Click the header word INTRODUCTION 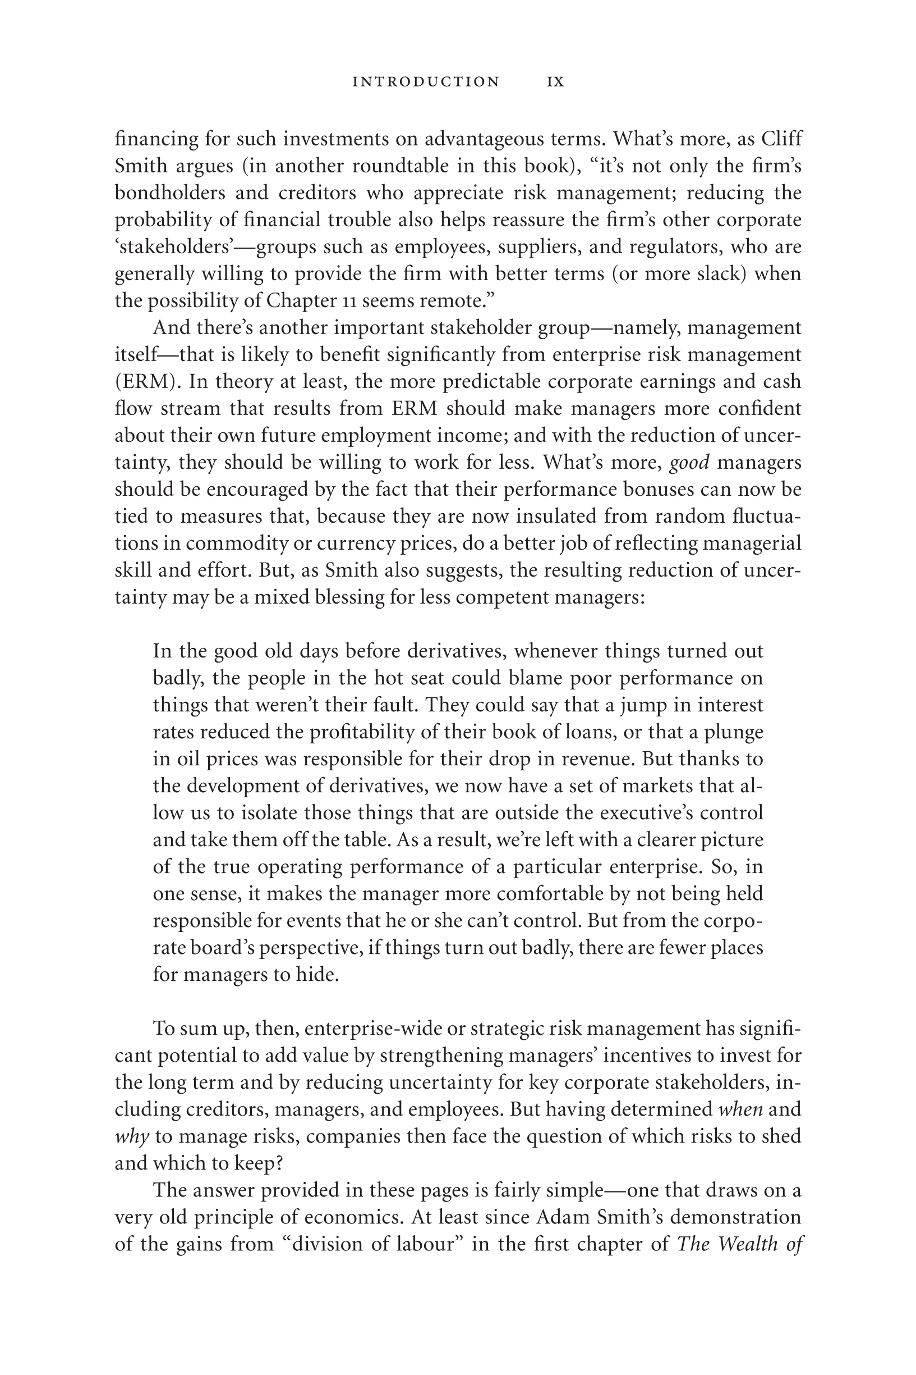click(426, 82)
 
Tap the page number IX click(555, 82)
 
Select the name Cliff click(781, 139)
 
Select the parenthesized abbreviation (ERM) click(145, 382)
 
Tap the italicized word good click(689, 463)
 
